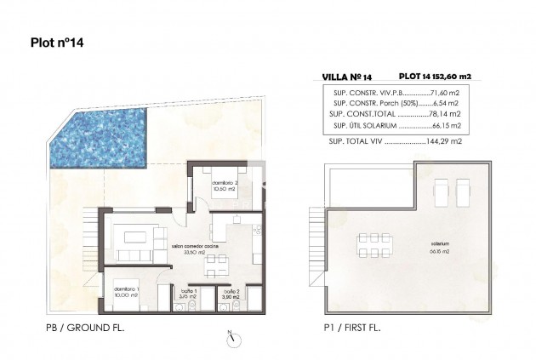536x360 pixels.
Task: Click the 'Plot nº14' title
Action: [x=57, y=39]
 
